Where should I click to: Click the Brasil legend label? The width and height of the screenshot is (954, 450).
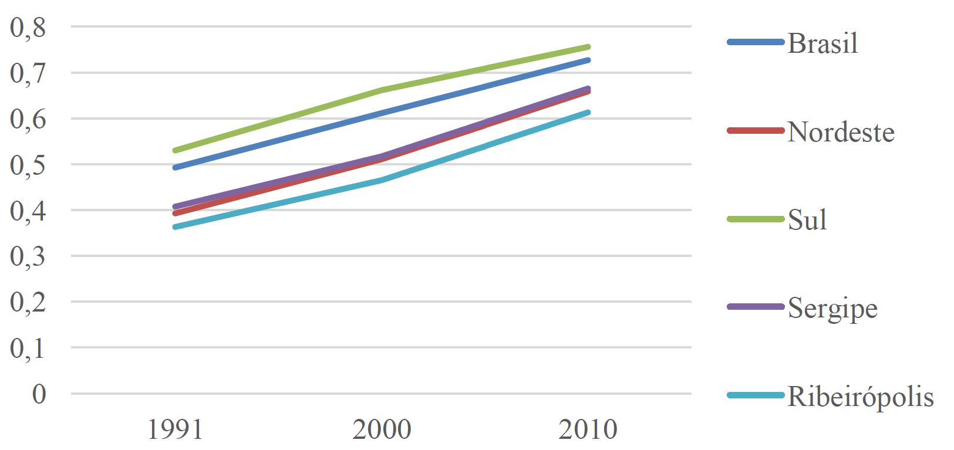pyautogui.click(x=822, y=43)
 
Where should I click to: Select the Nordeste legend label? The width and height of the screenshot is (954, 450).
pyautogui.click(x=841, y=132)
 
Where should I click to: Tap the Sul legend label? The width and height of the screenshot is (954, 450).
pyautogui.click(x=807, y=220)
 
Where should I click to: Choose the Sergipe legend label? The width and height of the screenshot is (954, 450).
pyautogui.click(x=832, y=308)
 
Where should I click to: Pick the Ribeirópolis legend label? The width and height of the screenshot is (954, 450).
pyautogui.click(x=860, y=397)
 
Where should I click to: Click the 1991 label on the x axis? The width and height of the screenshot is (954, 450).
pyautogui.click(x=175, y=429)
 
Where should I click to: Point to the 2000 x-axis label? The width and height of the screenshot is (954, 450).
pyautogui.click(x=382, y=429)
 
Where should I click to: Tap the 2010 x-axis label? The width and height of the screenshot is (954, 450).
pyautogui.click(x=588, y=429)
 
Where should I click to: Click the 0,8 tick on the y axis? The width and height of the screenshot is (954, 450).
pyautogui.click(x=28, y=28)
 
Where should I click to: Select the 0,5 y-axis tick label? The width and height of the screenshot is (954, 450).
pyautogui.click(x=28, y=165)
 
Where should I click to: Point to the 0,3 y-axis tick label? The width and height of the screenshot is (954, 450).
pyautogui.click(x=28, y=256)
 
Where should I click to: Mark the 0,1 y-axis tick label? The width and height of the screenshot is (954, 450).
pyautogui.click(x=28, y=349)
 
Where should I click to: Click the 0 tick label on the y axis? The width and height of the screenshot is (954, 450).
pyautogui.click(x=39, y=394)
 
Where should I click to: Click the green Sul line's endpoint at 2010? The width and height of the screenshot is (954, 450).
pyautogui.click(x=588, y=47)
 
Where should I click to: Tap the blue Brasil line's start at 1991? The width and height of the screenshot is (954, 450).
pyautogui.click(x=175, y=168)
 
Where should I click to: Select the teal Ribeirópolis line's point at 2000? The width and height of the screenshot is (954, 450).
pyautogui.click(x=382, y=180)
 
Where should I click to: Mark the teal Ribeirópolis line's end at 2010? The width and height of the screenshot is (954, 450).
pyautogui.click(x=588, y=112)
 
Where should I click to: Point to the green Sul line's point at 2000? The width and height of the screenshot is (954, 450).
pyautogui.click(x=382, y=90)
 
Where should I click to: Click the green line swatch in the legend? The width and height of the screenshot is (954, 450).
pyautogui.click(x=755, y=219)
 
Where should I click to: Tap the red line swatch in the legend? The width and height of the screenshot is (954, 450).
pyautogui.click(x=755, y=131)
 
